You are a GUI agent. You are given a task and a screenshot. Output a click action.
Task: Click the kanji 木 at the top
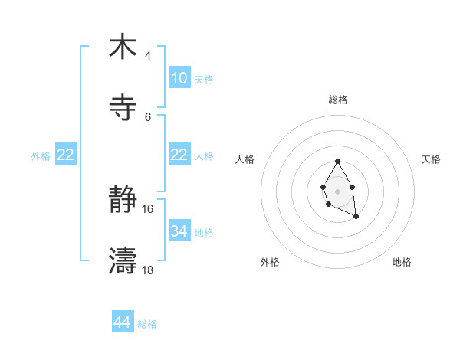pyautogui.click(x=123, y=47)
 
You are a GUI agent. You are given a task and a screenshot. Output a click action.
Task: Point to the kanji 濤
pyautogui.click(x=123, y=260)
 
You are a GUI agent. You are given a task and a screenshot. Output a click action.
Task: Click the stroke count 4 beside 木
pyautogui.click(x=148, y=56)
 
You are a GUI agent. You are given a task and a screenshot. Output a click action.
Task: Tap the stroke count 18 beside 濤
pyautogui.click(x=148, y=270)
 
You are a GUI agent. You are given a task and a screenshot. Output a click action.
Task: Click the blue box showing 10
pyautogui.click(x=179, y=78)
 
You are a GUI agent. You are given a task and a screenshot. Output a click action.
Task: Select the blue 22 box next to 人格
pyautogui.click(x=179, y=155)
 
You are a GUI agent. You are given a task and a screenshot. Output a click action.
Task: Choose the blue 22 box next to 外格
pyautogui.click(x=66, y=155)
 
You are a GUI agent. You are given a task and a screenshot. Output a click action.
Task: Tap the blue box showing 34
pyautogui.click(x=179, y=231)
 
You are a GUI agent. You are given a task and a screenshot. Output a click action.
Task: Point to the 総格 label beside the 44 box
pyautogui.click(x=147, y=324)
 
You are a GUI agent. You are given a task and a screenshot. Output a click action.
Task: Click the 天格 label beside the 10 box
pyautogui.click(x=204, y=80)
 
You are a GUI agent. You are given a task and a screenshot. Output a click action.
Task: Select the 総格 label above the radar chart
pyautogui.click(x=337, y=100)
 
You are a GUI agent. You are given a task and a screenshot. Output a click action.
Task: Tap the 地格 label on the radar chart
pyautogui.click(x=402, y=263)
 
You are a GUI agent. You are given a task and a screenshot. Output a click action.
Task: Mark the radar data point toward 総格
pyautogui.click(x=337, y=162)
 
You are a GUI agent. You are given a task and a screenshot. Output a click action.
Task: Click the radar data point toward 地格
pyautogui.click(x=356, y=217)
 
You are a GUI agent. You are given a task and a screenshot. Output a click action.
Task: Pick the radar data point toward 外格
pyautogui.click(x=328, y=204)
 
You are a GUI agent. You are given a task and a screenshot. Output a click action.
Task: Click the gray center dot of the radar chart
pyautogui.click(x=337, y=191)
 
